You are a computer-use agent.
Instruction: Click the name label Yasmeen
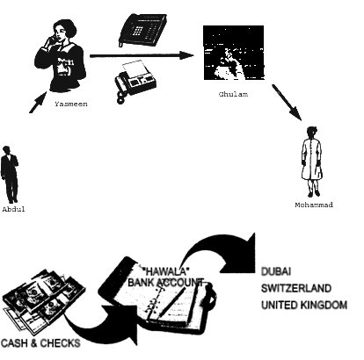click(71, 104)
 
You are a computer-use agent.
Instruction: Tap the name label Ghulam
click(233, 94)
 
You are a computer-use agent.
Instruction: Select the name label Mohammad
click(314, 205)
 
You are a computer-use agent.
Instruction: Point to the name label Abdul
click(13, 209)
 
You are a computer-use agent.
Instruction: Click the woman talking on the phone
click(60, 55)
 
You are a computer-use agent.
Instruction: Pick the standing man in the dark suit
click(10, 175)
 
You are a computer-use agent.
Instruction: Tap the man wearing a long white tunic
click(312, 162)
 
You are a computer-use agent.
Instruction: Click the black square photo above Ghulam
click(234, 53)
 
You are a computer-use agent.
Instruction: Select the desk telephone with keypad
click(142, 30)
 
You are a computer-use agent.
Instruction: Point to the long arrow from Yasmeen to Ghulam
click(142, 55)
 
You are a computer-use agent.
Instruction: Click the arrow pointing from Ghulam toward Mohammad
click(287, 103)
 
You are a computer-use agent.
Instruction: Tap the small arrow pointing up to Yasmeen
click(38, 102)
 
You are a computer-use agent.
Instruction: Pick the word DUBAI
click(276, 271)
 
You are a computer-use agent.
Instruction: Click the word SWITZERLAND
click(296, 288)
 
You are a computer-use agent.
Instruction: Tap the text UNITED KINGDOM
click(304, 305)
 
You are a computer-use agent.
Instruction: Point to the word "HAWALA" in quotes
click(165, 271)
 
